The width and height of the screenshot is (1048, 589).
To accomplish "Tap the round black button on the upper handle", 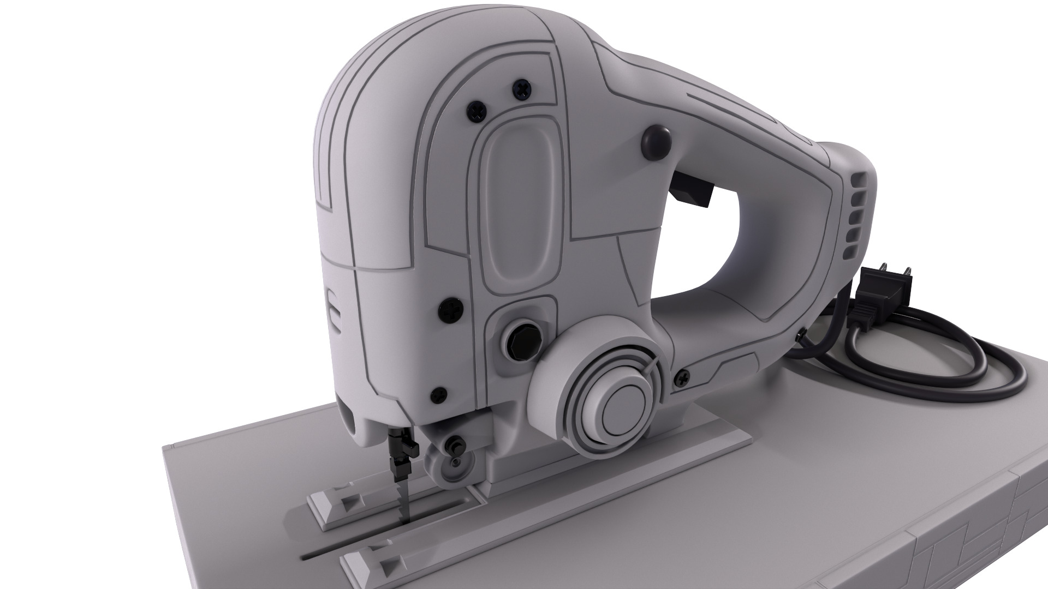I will pyautogui.click(x=657, y=140).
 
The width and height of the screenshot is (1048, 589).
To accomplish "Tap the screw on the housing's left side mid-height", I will pyautogui.click(x=451, y=311).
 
